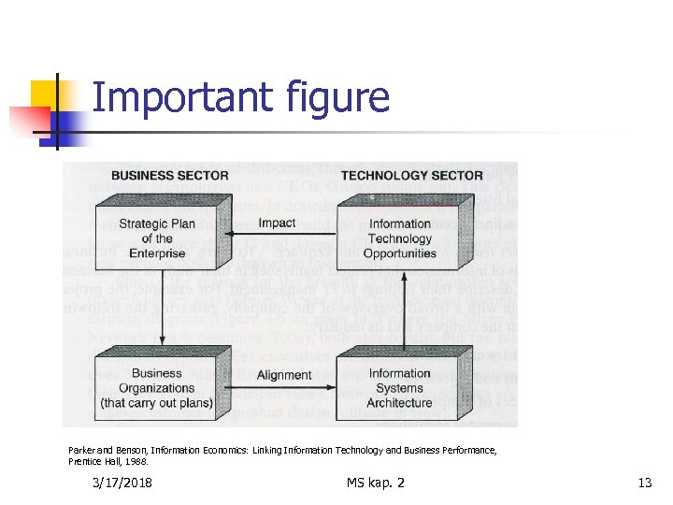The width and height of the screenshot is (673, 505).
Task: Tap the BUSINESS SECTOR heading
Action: [x=169, y=175]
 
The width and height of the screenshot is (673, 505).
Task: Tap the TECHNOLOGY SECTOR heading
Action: [x=411, y=175]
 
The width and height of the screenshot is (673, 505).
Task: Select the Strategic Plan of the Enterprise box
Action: [x=157, y=238]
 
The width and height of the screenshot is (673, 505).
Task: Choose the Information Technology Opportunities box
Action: [x=400, y=238]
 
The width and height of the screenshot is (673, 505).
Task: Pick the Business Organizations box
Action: [x=157, y=387]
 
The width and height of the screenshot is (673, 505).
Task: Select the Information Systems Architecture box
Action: [x=400, y=387]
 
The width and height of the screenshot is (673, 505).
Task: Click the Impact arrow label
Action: [x=277, y=224]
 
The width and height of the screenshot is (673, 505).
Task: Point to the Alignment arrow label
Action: [x=283, y=375]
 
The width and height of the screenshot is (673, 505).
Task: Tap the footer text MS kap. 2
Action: [x=375, y=483]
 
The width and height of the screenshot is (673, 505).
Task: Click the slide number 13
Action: [x=644, y=483]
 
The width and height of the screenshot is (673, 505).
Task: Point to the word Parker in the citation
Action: [x=82, y=450]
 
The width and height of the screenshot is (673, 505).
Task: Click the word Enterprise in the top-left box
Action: [x=157, y=253]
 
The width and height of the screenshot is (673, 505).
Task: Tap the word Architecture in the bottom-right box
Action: [x=400, y=403]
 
